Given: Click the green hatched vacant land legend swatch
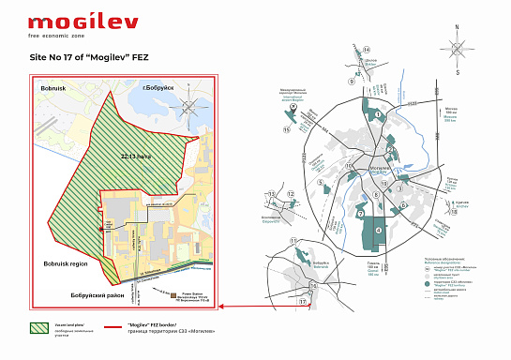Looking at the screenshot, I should (42, 329).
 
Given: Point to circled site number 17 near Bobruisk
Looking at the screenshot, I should (303, 302).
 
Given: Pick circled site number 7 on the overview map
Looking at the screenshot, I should (358, 214).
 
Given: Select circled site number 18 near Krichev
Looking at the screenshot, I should (453, 212).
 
